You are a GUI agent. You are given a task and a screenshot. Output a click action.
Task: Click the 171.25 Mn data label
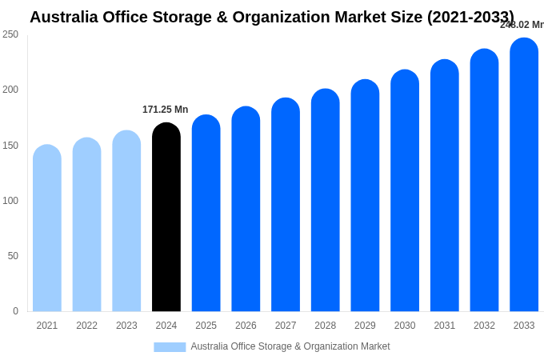(x=166, y=110)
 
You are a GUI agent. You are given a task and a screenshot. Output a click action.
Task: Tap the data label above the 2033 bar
(x=522, y=25)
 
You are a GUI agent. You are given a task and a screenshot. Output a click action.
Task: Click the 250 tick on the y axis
(x=10, y=34)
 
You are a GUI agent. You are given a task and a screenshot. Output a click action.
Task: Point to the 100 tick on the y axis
(x=10, y=201)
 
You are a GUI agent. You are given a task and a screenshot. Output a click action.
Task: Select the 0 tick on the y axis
(x=15, y=311)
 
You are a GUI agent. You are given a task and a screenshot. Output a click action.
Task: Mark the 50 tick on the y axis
(x=13, y=256)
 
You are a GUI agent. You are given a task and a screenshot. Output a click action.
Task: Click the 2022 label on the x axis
(x=86, y=326)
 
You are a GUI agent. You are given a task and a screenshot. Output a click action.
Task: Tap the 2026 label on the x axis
(x=246, y=326)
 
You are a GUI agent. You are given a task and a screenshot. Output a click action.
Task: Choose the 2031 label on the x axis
(x=445, y=326)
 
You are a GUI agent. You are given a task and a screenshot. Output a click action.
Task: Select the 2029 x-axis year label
(x=365, y=326)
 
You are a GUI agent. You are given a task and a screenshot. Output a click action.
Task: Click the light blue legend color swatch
(x=170, y=346)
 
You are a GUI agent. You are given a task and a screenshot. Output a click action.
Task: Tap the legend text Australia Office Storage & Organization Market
(x=290, y=346)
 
